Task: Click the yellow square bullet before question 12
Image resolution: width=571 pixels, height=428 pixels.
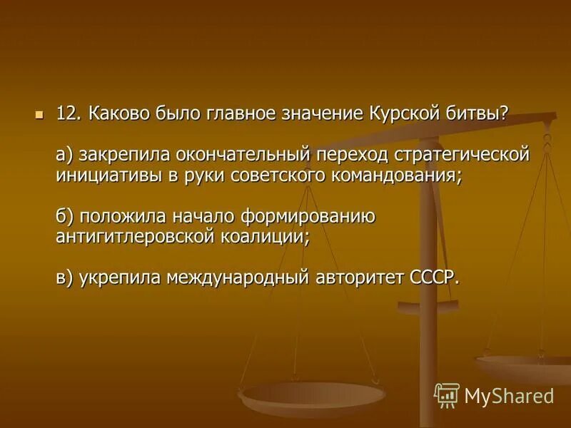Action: [x=40, y=113]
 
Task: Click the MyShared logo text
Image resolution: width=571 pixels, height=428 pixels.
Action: [x=509, y=395]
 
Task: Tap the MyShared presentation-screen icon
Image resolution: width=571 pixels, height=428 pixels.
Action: [x=447, y=394]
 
